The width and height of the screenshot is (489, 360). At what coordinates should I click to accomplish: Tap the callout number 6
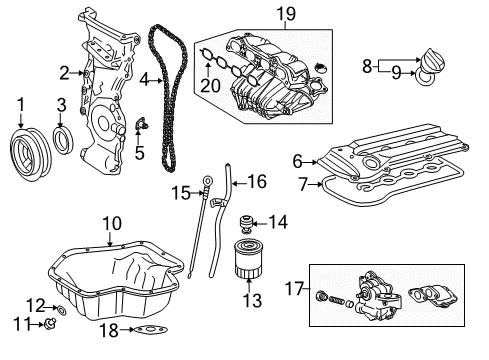298,160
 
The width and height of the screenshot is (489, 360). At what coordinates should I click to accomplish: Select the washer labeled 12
62,305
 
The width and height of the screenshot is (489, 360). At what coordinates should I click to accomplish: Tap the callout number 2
64,71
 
